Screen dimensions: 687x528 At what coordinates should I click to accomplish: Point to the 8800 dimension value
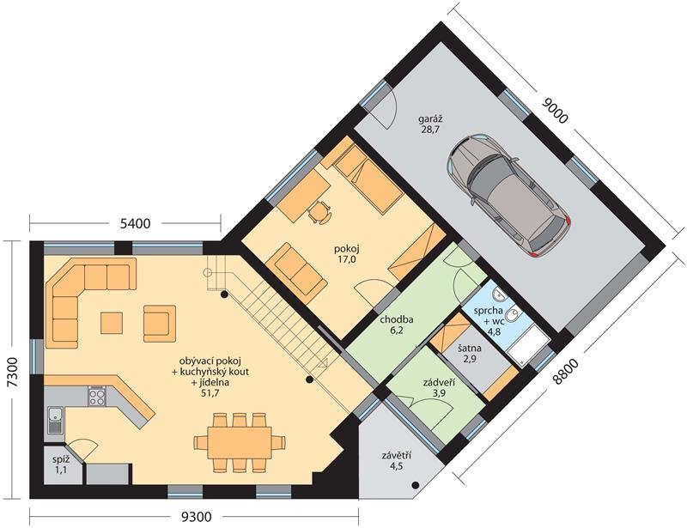(x=566, y=372)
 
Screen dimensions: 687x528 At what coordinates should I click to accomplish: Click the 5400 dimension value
(x=135, y=224)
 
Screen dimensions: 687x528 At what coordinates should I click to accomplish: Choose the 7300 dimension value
(x=13, y=372)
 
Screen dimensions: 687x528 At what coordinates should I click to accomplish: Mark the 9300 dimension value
(x=197, y=518)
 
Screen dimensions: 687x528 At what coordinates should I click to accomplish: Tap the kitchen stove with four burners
(x=97, y=397)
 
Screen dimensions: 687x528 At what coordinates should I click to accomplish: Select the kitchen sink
(x=55, y=420)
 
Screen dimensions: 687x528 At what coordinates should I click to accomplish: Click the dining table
(x=240, y=442)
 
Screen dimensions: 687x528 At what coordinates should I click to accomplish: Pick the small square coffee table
(x=112, y=323)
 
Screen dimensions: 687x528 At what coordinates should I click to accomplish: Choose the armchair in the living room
(x=160, y=324)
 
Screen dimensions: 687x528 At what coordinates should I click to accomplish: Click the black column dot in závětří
(x=415, y=485)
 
